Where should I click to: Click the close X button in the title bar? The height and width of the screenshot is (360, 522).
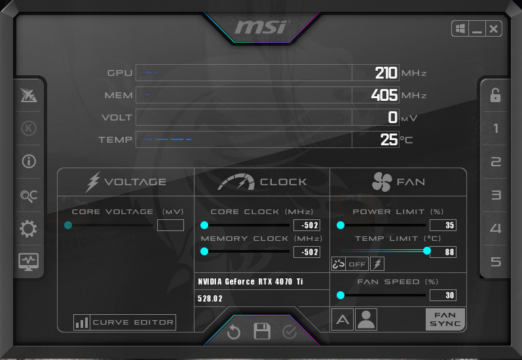pyautogui.click(x=494, y=29)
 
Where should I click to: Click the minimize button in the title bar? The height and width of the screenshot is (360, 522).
pyautogui.click(x=477, y=29)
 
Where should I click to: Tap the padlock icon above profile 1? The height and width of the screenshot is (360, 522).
pyautogui.click(x=496, y=95)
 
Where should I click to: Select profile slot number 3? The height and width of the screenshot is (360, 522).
pyautogui.click(x=496, y=195)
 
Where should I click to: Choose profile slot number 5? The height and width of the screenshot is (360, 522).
pyautogui.click(x=496, y=262)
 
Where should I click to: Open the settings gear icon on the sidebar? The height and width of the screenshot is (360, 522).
pyautogui.click(x=29, y=228)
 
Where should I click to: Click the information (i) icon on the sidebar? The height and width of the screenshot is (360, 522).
pyautogui.click(x=29, y=162)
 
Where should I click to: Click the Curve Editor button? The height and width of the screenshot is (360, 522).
pyautogui.click(x=124, y=322)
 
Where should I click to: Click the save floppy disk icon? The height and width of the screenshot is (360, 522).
pyautogui.click(x=262, y=331)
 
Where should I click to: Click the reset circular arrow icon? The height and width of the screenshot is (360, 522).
pyautogui.click(x=234, y=333)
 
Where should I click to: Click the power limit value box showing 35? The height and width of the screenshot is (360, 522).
pyautogui.click(x=443, y=225)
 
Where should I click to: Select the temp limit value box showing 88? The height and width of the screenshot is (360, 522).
pyautogui.click(x=443, y=252)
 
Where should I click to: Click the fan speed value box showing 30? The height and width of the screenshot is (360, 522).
pyautogui.click(x=443, y=295)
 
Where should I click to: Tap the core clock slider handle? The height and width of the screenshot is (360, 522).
pyautogui.click(x=204, y=225)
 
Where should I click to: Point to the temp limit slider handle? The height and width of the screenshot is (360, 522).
pyautogui.click(x=427, y=251)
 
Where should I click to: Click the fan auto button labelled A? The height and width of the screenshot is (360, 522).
pyautogui.click(x=342, y=319)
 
